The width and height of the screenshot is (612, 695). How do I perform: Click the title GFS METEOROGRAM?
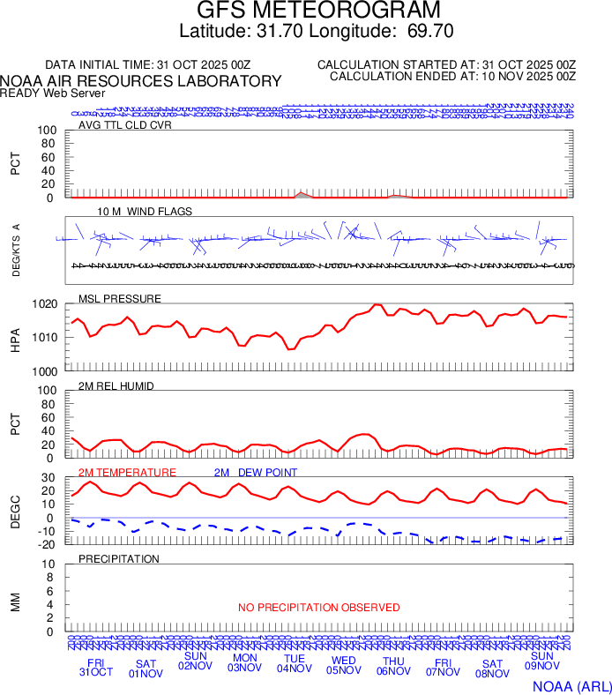pyautogui.click(x=305, y=11)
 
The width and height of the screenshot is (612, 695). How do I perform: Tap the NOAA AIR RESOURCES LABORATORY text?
pyautogui.click(x=141, y=81)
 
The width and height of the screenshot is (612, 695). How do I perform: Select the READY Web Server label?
pyautogui.click(x=52, y=93)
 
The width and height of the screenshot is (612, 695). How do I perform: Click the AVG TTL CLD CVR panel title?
pyautogui.click(x=124, y=124)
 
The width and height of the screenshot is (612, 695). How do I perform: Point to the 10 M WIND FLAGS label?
pyautogui.click(x=144, y=212)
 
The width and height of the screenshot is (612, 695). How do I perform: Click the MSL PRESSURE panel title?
pyautogui.click(x=120, y=298)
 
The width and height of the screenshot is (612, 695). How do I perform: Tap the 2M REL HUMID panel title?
pyautogui.click(x=116, y=385)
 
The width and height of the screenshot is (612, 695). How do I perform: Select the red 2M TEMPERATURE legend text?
pyautogui.click(x=128, y=473)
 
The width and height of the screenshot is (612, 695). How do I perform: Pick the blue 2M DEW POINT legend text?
pyautogui.click(x=256, y=473)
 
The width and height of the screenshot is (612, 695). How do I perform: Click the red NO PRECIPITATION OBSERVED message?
pyautogui.click(x=318, y=608)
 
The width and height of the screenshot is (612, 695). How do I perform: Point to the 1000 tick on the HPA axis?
pyautogui.click(x=46, y=371)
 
